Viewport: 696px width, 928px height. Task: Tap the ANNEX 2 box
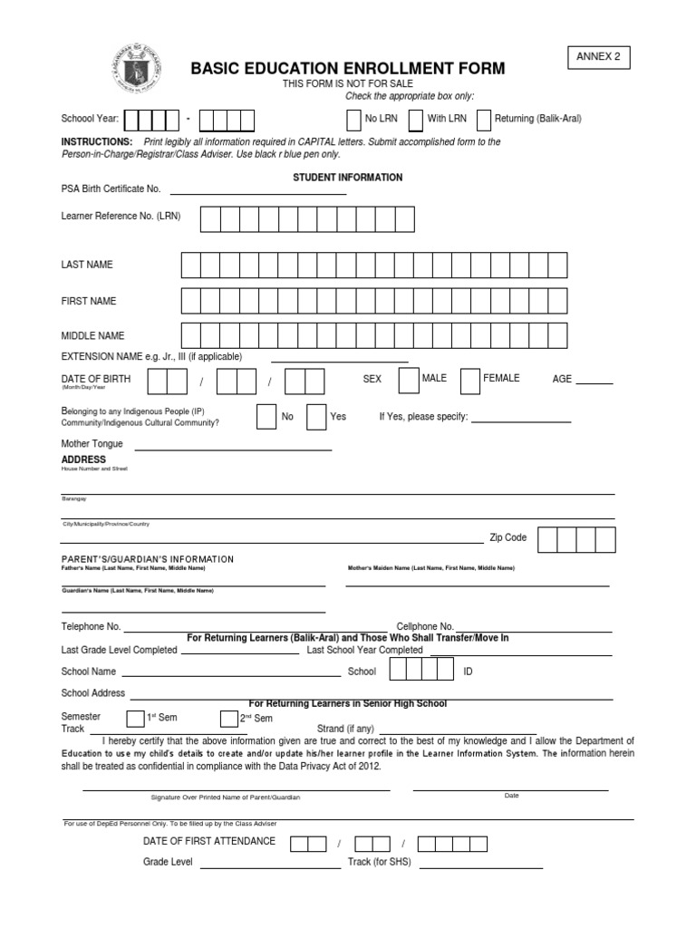[x=598, y=57]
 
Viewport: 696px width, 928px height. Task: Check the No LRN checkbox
[x=353, y=120]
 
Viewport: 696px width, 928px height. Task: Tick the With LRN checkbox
[x=415, y=120]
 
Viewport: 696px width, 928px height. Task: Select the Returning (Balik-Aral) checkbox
[x=483, y=120]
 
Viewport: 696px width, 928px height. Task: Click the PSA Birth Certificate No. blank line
[x=258, y=192]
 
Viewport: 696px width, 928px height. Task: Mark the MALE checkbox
[x=409, y=381]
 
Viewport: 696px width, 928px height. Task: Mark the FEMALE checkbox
[x=469, y=382]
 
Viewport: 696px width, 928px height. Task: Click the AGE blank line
[x=594, y=382]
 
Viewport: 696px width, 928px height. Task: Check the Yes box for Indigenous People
[x=316, y=417]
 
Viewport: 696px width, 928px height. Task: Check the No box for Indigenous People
[x=266, y=417]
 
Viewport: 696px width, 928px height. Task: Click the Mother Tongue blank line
[x=233, y=448]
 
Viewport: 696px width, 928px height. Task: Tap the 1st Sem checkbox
[x=135, y=719]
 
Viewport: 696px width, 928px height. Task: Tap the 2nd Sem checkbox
[x=228, y=719]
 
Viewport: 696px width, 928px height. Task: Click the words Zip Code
[x=507, y=537]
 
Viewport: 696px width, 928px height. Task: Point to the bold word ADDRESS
[x=83, y=459]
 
